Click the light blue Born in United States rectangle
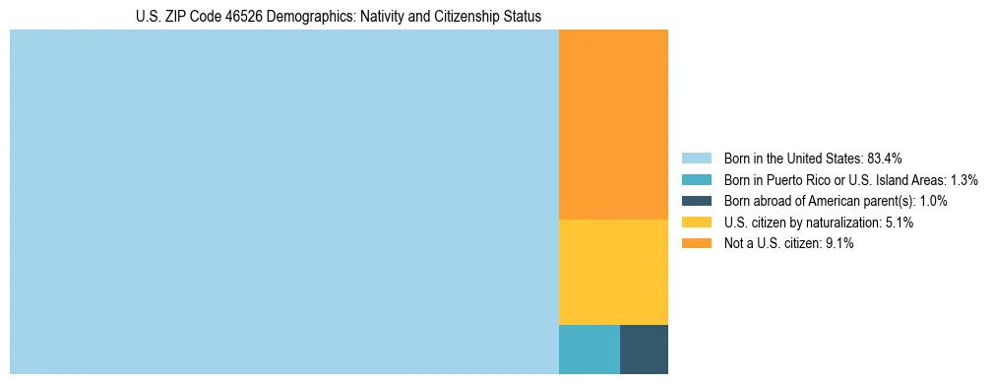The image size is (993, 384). [x=283, y=202]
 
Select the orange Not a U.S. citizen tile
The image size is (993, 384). [x=613, y=124]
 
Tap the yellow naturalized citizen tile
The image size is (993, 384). [x=613, y=272]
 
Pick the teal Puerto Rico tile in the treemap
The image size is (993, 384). [x=589, y=349]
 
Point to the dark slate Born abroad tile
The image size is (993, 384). [x=644, y=349]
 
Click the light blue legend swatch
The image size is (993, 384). [x=696, y=159]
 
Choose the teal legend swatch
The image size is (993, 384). [x=696, y=180]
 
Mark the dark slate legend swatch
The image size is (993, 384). [x=696, y=201]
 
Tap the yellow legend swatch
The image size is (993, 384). [x=696, y=223]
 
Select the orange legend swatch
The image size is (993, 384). [x=696, y=244]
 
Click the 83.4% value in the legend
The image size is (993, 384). [x=885, y=159]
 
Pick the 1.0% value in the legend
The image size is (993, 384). [x=933, y=201]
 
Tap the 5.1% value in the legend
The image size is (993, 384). [x=900, y=223]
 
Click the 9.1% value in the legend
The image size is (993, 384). [x=839, y=244]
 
